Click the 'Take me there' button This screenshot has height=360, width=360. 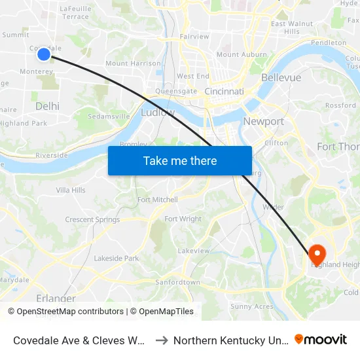click(180, 160)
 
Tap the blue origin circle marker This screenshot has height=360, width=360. click(44, 54)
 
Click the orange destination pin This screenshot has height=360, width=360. click(317, 254)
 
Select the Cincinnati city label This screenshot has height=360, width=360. click(224, 92)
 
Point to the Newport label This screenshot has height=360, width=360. click(263, 122)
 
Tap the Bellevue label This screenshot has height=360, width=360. click(281, 77)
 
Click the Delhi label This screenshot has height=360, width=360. click(47, 105)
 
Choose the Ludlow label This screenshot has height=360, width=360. click(158, 113)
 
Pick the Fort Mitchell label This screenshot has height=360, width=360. click(157, 200)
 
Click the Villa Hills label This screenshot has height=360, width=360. click(71, 190)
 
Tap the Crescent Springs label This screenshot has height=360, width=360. click(92, 220)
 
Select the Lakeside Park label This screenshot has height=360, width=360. click(117, 259)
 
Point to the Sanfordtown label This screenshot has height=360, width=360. click(177, 282)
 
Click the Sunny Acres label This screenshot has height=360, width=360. click(251, 306)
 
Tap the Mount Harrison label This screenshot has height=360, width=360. click(133, 63)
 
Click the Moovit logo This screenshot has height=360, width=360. click(321, 339)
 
